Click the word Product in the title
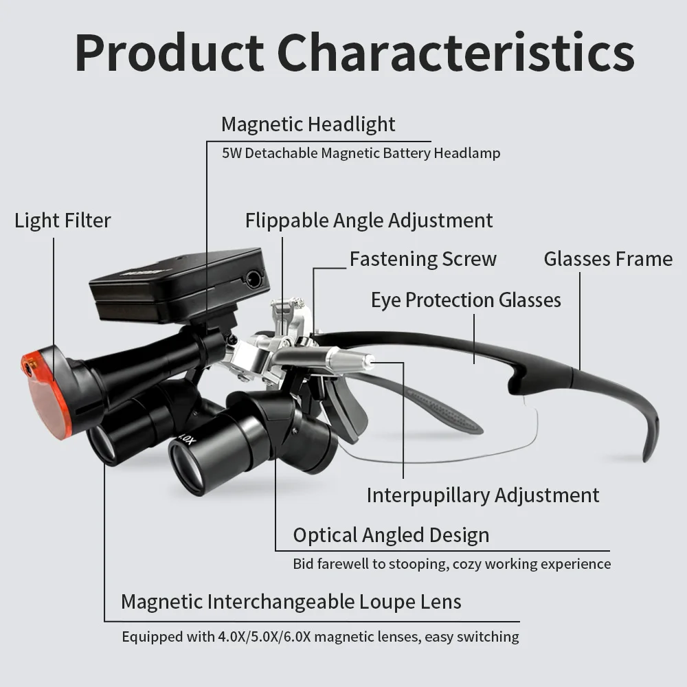[169, 52]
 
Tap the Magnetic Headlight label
[308, 124]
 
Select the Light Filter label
[63, 221]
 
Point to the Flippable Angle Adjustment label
[369, 221]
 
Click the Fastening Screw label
[423, 259]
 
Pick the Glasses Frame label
[608, 259]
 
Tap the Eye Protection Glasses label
[466, 300]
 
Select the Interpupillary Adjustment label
[483, 495]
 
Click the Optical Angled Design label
[392, 535]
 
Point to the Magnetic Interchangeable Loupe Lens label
[291, 602]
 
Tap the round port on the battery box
[254, 279]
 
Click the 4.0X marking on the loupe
[185, 438]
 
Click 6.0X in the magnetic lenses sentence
[297, 637]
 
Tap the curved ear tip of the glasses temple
[651, 438]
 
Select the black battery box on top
[179, 285]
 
